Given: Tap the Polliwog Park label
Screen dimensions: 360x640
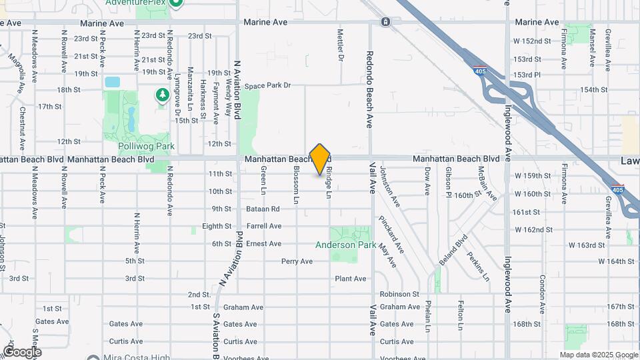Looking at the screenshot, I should point(137,145).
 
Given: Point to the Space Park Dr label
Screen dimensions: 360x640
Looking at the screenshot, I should point(268,85).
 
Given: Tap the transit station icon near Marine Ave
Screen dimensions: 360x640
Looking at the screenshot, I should point(385,22).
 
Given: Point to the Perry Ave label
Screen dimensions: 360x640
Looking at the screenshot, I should point(297,261).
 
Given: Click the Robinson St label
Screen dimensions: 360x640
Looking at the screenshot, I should point(399,294).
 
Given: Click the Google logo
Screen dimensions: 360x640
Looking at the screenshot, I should point(22,352).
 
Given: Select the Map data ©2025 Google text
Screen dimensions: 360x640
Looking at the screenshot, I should point(598,355).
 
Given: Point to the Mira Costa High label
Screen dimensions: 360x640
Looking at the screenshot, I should point(137,357).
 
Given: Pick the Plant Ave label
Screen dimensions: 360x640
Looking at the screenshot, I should point(351,279).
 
